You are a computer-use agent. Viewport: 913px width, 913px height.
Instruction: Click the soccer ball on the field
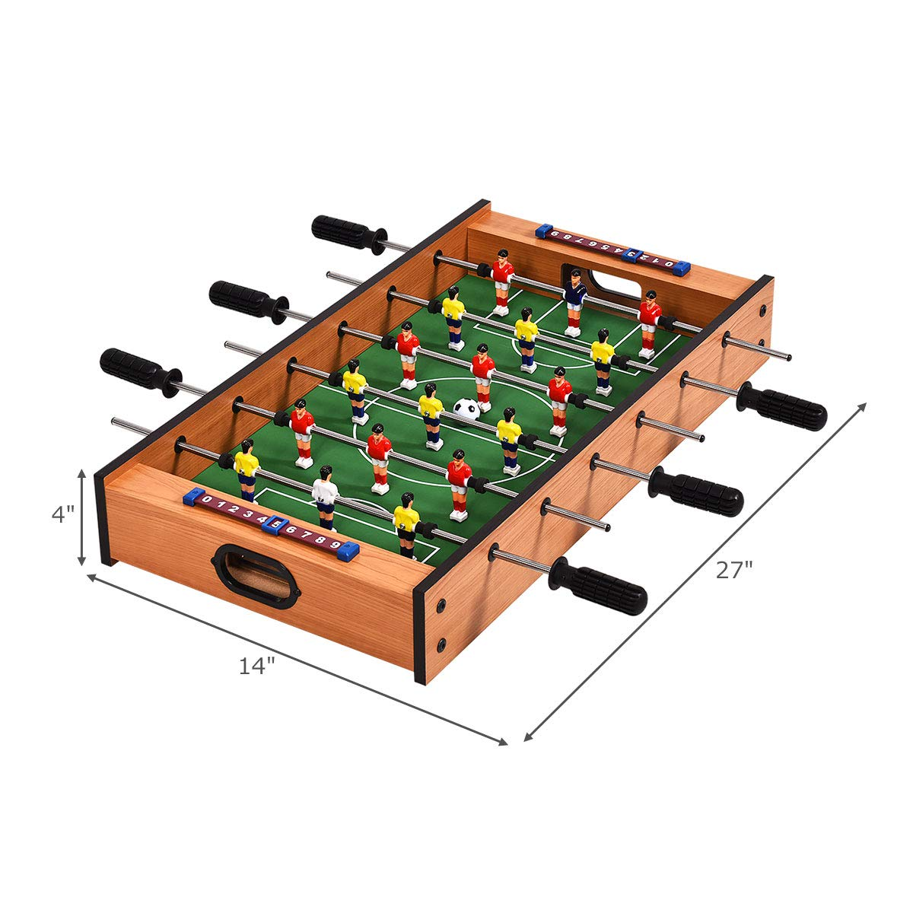tap(466, 408)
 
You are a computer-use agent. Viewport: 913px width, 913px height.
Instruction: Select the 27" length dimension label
tap(734, 570)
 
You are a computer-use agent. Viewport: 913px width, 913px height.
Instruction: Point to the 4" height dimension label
tap(63, 514)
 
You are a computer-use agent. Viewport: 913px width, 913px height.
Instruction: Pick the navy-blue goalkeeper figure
tap(574, 302)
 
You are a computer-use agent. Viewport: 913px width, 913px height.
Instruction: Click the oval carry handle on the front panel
tap(256, 576)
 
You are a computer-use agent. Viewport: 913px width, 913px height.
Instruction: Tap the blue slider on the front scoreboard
tap(275, 524)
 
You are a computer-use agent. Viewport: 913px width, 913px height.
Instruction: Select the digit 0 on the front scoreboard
tap(207, 498)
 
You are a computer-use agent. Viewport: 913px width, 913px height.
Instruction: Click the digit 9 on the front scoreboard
tap(335, 544)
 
